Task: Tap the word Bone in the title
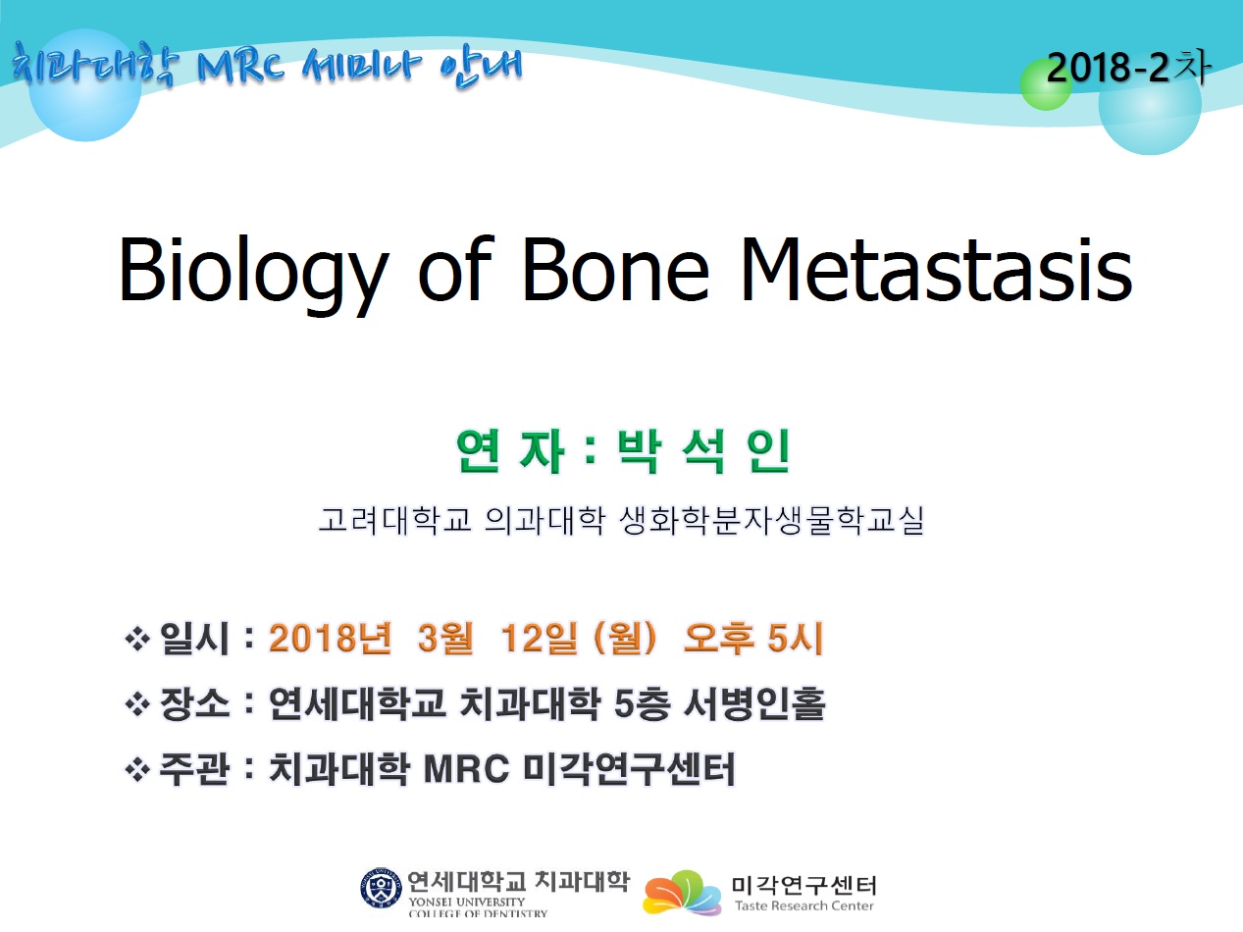[x=615, y=269]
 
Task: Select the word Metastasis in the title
[x=937, y=269]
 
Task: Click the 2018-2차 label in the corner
[x=1128, y=68]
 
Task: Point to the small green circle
[x=1046, y=85]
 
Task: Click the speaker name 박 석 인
[x=703, y=451]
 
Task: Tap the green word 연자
[x=510, y=451]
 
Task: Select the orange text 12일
[x=540, y=638]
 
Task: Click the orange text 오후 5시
[x=753, y=638]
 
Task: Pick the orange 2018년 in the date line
[x=331, y=638]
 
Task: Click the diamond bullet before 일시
[x=137, y=640]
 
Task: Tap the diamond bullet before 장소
[x=137, y=705]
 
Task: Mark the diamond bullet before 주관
[x=137, y=770]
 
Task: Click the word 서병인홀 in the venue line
[x=754, y=704]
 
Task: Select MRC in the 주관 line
[x=467, y=769]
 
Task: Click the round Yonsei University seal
[x=382, y=888]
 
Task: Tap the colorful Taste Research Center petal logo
[x=682, y=893]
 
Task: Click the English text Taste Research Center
[x=804, y=906]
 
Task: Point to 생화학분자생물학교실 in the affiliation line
[x=772, y=520]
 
